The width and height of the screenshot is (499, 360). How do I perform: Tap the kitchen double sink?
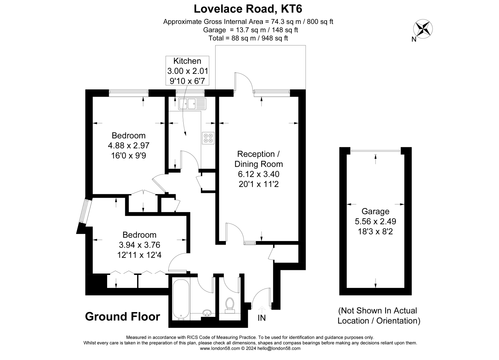tap(192, 104)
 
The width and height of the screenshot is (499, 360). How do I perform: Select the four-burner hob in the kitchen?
tap(208, 138)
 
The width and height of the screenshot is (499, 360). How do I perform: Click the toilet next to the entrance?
tap(230, 305)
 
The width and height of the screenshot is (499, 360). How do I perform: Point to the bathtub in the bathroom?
tap(181, 299)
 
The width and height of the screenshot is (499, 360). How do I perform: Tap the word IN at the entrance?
tap(261, 318)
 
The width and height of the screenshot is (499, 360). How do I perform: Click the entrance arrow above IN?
tap(262, 309)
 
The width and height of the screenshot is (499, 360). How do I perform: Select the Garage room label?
tap(375, 211)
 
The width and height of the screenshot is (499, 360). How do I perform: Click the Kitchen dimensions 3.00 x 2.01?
tap(188, 71)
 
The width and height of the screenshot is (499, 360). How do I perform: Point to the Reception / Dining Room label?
tap(258, 159)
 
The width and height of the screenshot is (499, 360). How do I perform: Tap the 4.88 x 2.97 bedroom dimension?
tap(128, 145)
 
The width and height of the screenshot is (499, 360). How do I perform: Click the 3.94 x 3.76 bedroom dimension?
tap(139, 245)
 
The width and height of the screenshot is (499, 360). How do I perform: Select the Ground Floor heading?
tap(122, 316)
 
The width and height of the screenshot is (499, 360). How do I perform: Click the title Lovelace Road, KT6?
tap(248, 9)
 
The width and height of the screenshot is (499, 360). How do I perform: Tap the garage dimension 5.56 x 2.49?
tap(375, 221)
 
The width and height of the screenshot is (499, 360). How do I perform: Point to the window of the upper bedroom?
tap(128, 93)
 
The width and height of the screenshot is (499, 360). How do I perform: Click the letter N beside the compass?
tap(414, 40)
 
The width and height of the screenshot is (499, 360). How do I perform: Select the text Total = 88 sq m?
tap(232, 38)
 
